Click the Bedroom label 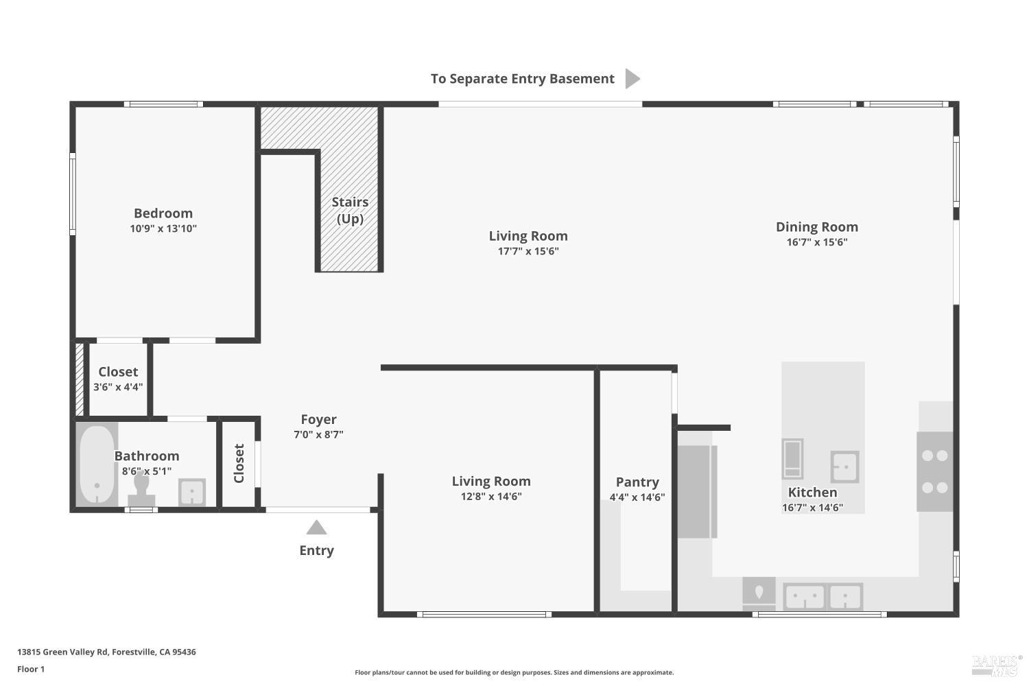pos(163,213)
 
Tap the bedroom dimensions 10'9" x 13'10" pos(163,228)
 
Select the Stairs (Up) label pos(350,211)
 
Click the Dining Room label pos(817,227)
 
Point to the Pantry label pos(637,482)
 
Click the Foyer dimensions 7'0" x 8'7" pos(318,434)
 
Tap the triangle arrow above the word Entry pos(316,527)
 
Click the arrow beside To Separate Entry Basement pos(632,79)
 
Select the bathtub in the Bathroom pos(97,464)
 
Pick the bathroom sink pos(191,492)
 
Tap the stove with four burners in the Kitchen pos(935,471)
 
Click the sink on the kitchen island pos(844,466)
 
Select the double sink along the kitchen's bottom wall pos(823,596)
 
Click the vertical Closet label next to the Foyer pos(239,463)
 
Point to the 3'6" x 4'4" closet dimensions pos(118,387)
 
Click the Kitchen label pos(812,492)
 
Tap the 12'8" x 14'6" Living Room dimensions pos(491,496)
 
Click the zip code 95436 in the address pos(184,652)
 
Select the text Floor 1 pos(31,669)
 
